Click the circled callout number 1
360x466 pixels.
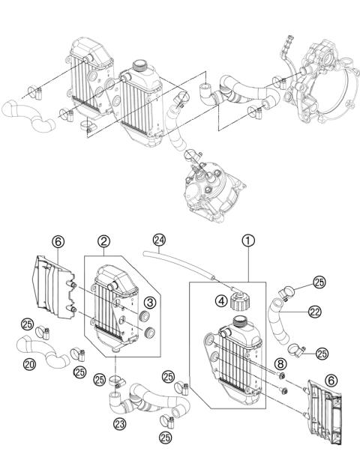point(246,242)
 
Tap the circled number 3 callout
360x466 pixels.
point(150,302)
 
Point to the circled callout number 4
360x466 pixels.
point(220,303)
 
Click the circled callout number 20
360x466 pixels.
point(29,366)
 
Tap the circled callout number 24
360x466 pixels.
point(157,242)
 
